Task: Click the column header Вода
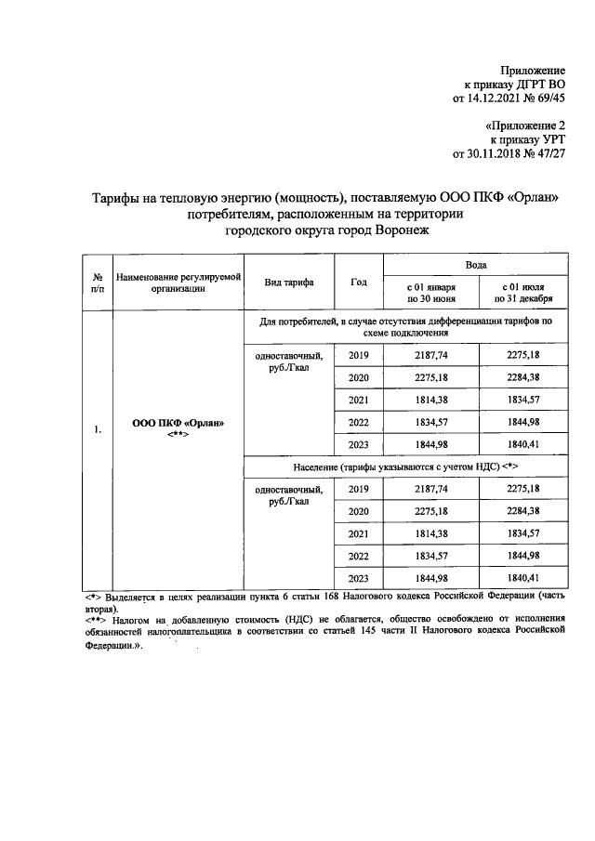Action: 475,265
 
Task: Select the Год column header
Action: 359,282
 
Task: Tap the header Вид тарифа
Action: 288,282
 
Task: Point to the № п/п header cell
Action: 97,283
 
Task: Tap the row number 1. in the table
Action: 97,429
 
